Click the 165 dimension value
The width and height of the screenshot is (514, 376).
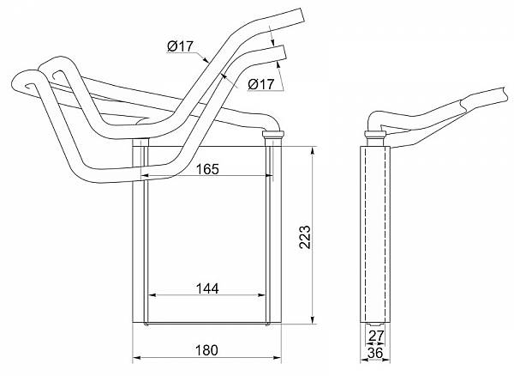pyautogui.click(x=207, y=169)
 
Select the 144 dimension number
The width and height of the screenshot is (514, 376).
pyautogui.click(x=207, y=289)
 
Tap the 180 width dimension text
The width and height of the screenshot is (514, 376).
pyautogui.click(x=206, y=350)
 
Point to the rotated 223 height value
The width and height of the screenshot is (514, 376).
pyautogui.click(x=305, y=237)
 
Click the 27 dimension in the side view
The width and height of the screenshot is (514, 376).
pyautogui.click(x=376, y=336)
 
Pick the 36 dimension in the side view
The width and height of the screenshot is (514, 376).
pyautogui.click(x=375, y=353)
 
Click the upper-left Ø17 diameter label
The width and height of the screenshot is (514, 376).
pyautogui.click(x=180, y=46)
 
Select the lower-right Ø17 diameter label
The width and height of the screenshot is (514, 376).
pyautogui.click(x=260, y=84)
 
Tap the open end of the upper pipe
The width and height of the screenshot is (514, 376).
pyautogui.click(x=303, y=16)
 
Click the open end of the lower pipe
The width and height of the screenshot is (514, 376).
pyautogui.click(x=283, y=54)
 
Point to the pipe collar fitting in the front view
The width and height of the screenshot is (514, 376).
pyautogui.click(x=272, y=134)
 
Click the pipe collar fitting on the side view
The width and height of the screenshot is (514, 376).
pyautogui.click(x=375, y=134)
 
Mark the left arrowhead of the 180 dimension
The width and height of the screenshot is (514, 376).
pyautogui.click(x=137, y=358)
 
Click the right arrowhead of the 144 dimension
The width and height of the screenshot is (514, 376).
pyautogui.click(x=261, y=295)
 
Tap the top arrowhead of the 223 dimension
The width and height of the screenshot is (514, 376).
pyautogui.click(x=314, y=151)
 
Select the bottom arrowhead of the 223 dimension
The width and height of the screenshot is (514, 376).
pyautogui.click(x=314, y=319)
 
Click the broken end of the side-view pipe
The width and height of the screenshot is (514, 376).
pyautogui.click(x=506, y=94)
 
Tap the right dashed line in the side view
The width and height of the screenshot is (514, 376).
pyautogui.click(x=384, y=235)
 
